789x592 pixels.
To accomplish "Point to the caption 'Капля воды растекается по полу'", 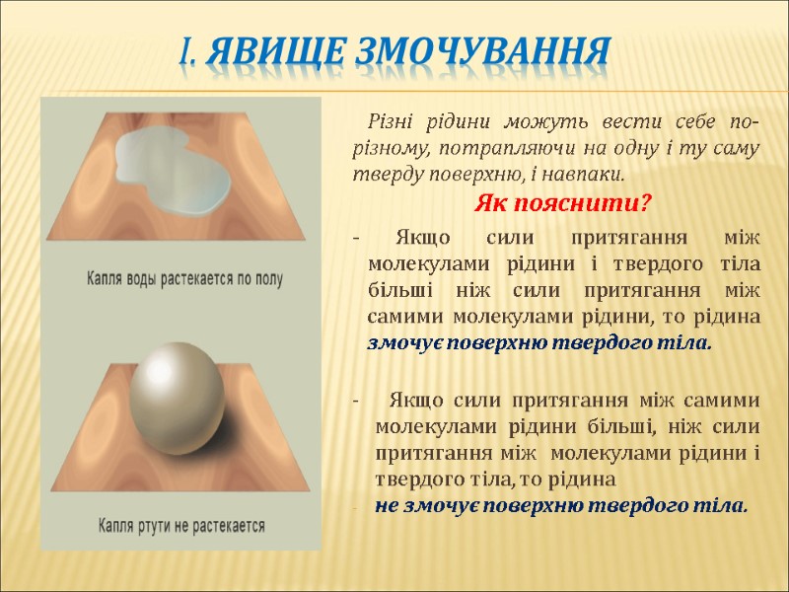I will click(x=183, y=279).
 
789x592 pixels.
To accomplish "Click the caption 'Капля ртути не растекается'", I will click(x=181, y=525).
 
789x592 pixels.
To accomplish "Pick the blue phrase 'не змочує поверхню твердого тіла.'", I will click(x=561, y=506).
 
